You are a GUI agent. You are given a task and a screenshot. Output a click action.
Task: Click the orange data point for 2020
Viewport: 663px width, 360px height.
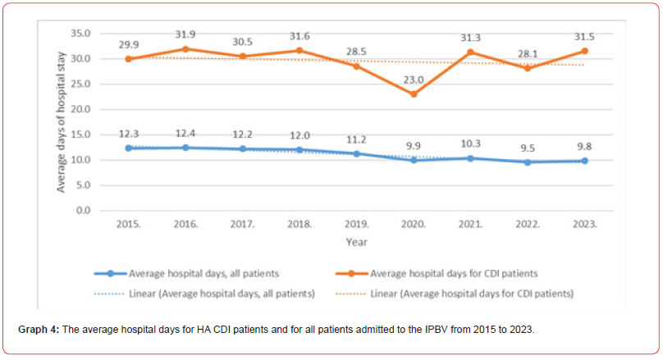pos(414,94)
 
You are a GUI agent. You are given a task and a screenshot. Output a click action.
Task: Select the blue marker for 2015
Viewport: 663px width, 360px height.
pos(129,148)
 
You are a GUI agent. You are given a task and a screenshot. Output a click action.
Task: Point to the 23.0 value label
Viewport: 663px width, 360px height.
pos(413,80)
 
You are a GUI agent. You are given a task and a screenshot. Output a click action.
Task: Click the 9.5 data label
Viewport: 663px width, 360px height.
pos(527,148)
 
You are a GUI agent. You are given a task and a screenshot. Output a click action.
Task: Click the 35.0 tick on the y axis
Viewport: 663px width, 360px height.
pos(80,34)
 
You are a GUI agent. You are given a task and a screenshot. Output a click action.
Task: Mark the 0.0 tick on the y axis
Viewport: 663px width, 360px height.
pos(82,211)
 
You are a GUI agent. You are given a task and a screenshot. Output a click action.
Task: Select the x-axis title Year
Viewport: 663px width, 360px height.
pos(356,242)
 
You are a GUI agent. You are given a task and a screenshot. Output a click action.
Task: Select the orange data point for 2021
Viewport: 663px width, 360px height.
pos(470,52)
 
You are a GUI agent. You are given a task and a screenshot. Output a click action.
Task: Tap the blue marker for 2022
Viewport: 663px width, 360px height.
pos(527,162)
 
